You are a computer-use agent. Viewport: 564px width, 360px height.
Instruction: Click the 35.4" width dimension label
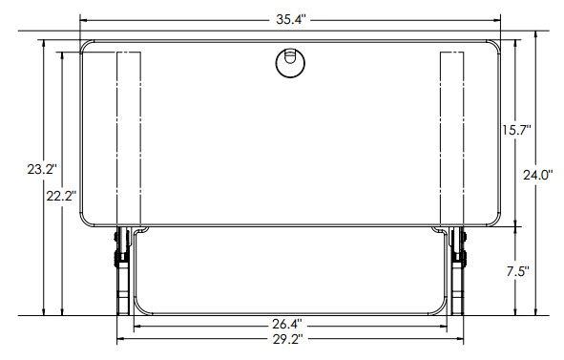tap(289, 18)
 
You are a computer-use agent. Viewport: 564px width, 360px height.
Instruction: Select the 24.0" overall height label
tap(538, 175)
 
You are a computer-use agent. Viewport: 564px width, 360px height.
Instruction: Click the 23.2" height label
tap(42, 169)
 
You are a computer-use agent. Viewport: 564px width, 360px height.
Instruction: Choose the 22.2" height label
tap(63, 195)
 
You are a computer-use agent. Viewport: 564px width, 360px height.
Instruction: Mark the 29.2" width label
tap(289, 339)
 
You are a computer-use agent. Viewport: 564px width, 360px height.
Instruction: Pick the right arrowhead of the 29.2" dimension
tap(459, 339)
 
